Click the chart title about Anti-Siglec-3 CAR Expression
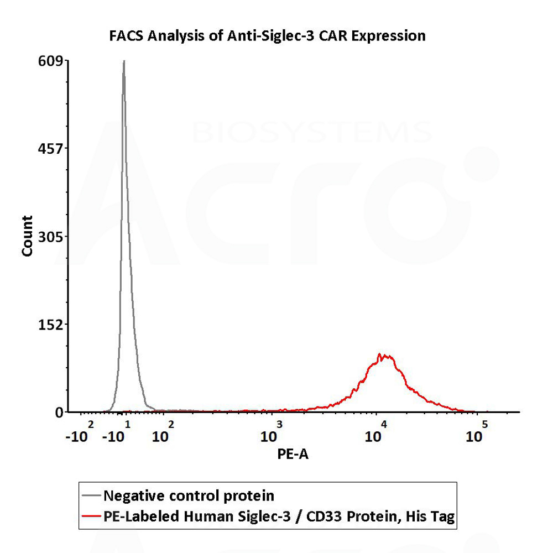click(267, 36)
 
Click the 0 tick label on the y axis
click(58, 412)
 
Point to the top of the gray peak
click(124, 61)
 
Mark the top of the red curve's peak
click(379, 354)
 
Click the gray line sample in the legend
click(92, 494)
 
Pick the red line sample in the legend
click(92, 517)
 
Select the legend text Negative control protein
click(189, 494)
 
